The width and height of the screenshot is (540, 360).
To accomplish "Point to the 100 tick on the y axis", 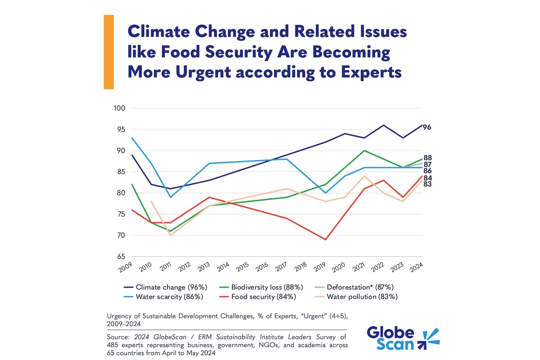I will pos(119,108).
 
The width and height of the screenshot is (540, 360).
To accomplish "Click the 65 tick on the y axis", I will pos(121,257).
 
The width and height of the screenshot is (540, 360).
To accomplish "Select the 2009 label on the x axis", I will pos(125,267).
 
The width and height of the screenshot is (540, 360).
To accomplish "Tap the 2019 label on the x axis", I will pos(320,267).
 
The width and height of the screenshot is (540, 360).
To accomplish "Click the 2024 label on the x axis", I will pos(416,267).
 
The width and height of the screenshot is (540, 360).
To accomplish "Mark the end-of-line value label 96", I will pos(427,127).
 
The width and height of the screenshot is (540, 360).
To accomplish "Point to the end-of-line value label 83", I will pos(427,184).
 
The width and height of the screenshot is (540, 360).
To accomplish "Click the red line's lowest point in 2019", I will pos(325,240).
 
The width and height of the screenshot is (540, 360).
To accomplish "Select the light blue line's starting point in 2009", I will pos(132,138).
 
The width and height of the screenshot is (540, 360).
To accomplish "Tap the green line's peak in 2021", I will pos(364,151).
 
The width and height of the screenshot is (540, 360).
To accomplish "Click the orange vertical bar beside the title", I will pos(109,52).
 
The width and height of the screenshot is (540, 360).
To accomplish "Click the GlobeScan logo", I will pos(403,338).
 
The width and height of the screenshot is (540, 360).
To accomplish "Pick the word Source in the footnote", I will pos(118,337).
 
